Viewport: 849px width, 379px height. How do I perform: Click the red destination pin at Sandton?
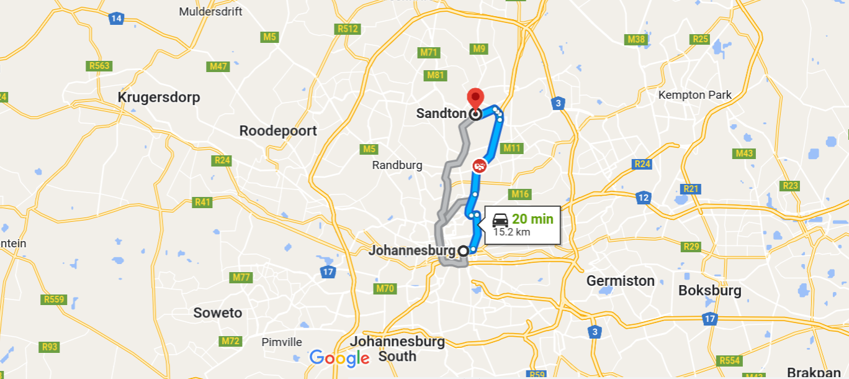[475, 98]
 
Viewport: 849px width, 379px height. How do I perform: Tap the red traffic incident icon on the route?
[479, 166]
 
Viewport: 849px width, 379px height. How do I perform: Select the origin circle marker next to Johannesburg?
[463, 251]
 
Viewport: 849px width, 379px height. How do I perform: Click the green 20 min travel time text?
[532, 219]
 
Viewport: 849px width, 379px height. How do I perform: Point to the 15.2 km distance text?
[511, 232]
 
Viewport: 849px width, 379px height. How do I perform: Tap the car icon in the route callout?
[500, 219]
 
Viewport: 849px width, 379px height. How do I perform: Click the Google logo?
[339, 358]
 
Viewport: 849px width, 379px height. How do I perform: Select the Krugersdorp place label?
[159, 98]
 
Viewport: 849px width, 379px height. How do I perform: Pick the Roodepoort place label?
[278, 130]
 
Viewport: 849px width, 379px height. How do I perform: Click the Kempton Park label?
[695, 95]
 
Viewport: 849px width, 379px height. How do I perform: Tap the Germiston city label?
[621, 281]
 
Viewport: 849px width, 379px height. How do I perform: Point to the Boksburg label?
[710, 290]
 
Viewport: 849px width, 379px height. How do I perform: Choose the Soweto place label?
[217, 313]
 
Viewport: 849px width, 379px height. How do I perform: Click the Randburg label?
[397, 165]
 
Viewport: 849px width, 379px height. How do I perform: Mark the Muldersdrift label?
[211, 12]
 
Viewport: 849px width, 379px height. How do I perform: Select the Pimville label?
[282, 342]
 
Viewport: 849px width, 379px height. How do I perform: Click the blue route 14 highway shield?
[116, 18]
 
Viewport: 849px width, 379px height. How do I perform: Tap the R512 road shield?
[348, 29]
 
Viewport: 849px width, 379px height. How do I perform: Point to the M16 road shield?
[520, 194]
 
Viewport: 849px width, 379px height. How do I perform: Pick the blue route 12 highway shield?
[643, 198]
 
